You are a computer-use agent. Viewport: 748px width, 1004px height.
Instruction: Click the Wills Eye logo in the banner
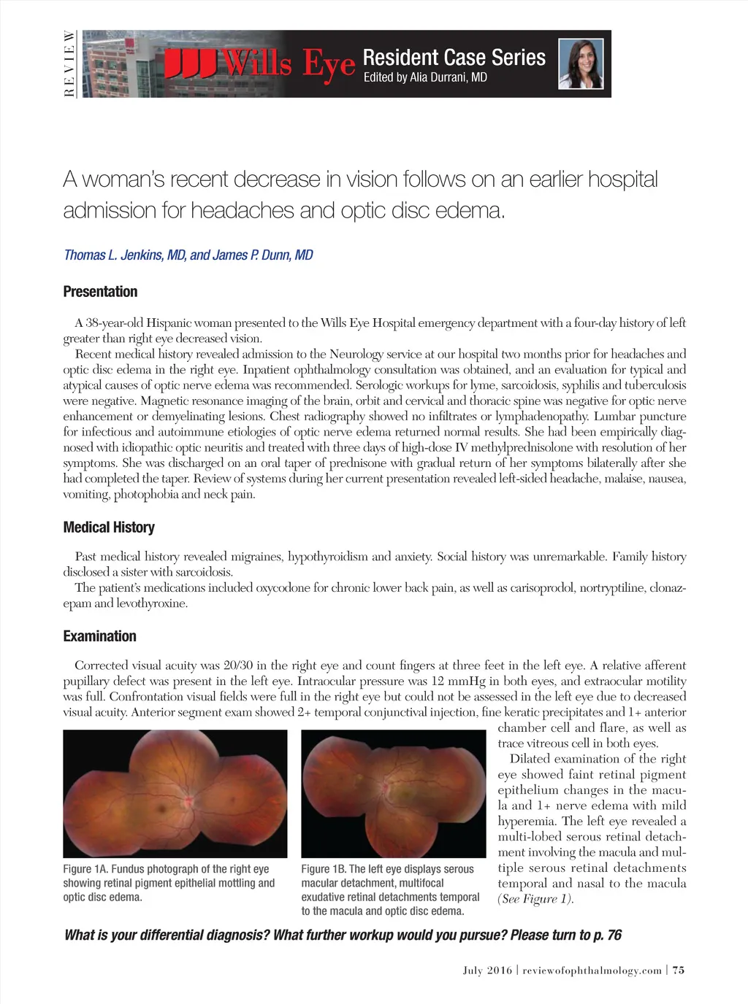(259, 64)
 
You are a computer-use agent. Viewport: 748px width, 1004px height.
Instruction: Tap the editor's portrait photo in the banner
(581, 64)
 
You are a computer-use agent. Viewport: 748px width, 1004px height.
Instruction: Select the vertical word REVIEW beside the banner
(69, 64)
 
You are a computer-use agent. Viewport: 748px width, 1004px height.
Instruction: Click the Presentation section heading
(100, 292)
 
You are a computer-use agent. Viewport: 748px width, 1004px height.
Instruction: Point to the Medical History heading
(109, 528)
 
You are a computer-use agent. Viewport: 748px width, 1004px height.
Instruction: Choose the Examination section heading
(99, 636)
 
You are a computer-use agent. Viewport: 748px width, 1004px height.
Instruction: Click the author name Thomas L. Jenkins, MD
(124, 255)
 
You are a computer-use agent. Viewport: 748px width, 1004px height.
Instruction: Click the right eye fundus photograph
(175, 794)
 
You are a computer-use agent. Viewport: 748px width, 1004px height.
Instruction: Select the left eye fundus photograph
(393, 794)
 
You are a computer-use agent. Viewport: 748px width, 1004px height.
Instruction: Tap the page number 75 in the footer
(679, 970)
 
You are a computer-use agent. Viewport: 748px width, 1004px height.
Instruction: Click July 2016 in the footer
(487, 970)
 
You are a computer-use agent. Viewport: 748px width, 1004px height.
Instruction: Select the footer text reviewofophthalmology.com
(592, 970)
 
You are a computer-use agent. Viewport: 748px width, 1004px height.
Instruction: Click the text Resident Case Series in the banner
(454, 58)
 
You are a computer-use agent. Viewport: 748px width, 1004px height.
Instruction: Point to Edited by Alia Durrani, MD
(425, 77)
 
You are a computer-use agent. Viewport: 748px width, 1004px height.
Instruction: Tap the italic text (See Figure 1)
(535, 899)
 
